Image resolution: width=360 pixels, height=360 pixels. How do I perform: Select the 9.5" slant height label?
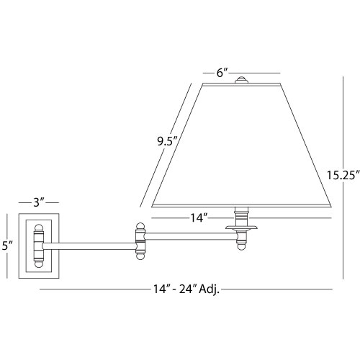[167, 142]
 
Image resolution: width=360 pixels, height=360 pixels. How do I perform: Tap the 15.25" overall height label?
[343, 176]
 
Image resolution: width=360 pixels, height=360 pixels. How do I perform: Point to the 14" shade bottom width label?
[199, 218]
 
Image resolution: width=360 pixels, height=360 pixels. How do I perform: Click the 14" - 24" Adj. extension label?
[186, 289]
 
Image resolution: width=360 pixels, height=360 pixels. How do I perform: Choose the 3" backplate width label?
[39, 203]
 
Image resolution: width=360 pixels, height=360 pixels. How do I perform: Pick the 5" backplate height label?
[7, 246]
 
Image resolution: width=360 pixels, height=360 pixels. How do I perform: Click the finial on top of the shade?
[241, 80]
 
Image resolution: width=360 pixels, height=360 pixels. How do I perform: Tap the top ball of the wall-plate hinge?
[39, 228]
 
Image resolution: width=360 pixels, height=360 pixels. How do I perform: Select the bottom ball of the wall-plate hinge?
[39, 264]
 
